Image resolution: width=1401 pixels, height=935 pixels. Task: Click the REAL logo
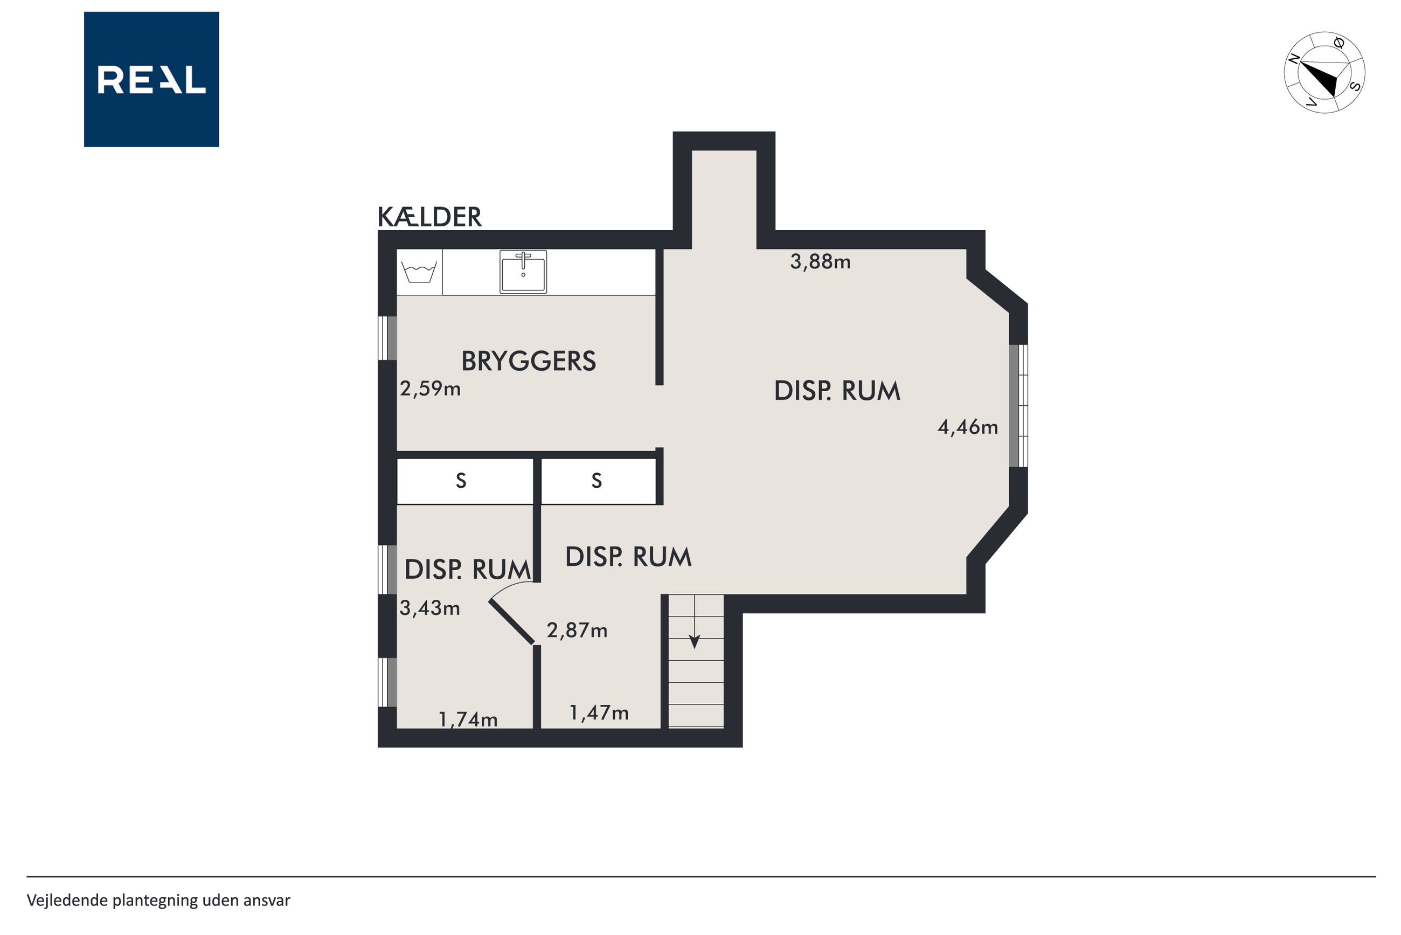tap(151, 79)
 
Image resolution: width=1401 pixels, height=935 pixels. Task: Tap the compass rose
tap(1324, 72)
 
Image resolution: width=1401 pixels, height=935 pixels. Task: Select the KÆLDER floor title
tap(429, 217)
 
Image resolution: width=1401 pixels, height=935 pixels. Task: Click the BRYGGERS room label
tap(528, 361)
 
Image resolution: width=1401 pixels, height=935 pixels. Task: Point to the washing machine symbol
tap(420, 272)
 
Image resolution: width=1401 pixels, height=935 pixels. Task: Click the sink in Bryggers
tap(523, 272)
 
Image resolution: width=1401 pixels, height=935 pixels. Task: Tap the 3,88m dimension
tap(820, 262)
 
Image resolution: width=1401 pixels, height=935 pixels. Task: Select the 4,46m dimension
tap(968, 427)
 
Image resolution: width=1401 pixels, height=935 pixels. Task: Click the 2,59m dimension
tap(430, 389)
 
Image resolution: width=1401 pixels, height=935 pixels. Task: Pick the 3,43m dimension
tap(429, 608)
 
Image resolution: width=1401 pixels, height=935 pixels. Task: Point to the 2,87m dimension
tap(577, 631)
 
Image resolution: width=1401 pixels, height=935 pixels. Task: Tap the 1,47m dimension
tap(599, 712)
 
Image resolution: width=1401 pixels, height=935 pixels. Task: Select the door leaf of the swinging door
tap(511, 622)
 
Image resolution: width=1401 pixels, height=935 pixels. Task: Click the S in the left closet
tap(461, 481)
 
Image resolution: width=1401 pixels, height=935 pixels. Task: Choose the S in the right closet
tap(596, 481)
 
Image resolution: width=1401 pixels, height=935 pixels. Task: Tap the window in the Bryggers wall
tap(387, 338)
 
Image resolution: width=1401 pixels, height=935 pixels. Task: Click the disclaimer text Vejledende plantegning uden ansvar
tap(158, 901)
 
